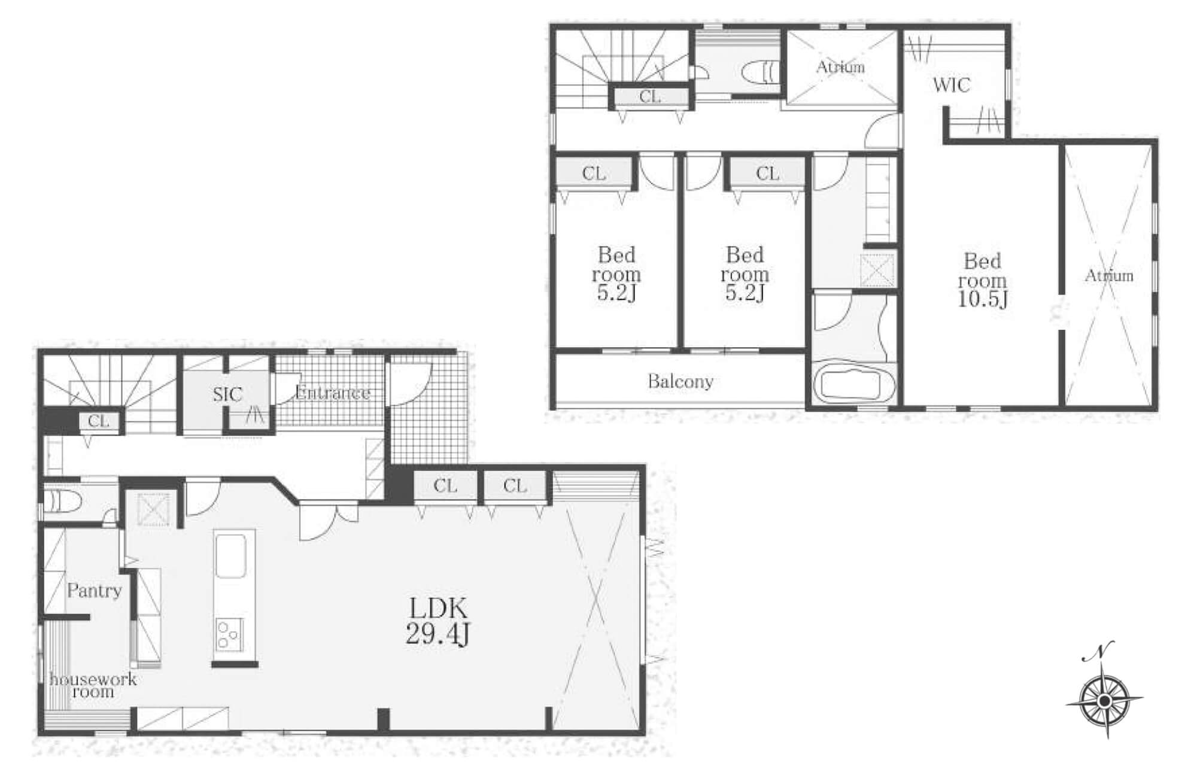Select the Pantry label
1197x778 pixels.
[x=94, y=591]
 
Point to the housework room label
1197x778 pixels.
[x=93, y=686]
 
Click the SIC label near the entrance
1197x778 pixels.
[x=227, y=394]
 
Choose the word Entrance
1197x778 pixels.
[x=333, y=393]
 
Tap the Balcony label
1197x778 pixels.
[x=680, y=382]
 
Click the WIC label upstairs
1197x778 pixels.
[x=951, y=85]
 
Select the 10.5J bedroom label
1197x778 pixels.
[x=982, y=280]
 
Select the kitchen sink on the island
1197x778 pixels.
[x=230, y=555]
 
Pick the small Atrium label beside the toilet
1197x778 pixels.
[x=840, y=67]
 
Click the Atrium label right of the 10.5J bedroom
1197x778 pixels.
[x=1109, y=276]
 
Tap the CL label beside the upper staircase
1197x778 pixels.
[x=650, y=96]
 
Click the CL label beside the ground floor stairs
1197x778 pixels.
[x=99, y=421]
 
